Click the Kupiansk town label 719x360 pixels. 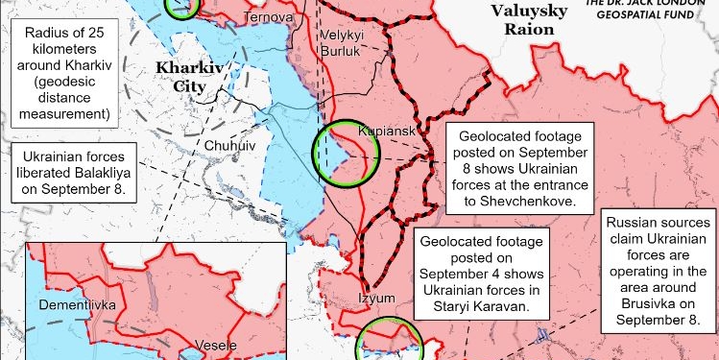(x=384, y=129)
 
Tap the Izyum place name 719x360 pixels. (x=377, y=298)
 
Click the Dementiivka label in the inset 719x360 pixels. (x=78, y=305)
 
